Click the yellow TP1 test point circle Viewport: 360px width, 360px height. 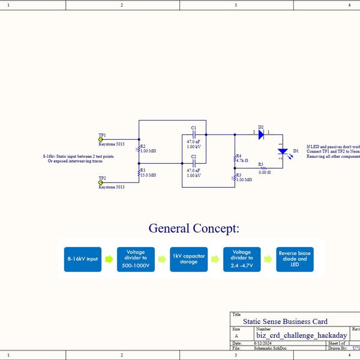point(101,139)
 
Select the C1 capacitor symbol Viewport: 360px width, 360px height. point(194,134)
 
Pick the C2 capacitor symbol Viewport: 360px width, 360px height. point(194,163)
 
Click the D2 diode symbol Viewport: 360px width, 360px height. point(262,135)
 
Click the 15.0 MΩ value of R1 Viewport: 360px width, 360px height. point(148,175)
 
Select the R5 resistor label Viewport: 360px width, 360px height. point(260,164)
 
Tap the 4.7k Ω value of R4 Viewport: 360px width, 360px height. point(242,161)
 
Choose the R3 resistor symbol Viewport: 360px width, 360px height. point(235,178)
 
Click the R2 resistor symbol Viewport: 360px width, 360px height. point(139,148)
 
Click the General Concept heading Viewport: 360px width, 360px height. point(193,228)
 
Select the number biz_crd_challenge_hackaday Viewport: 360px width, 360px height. point(301,335)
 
